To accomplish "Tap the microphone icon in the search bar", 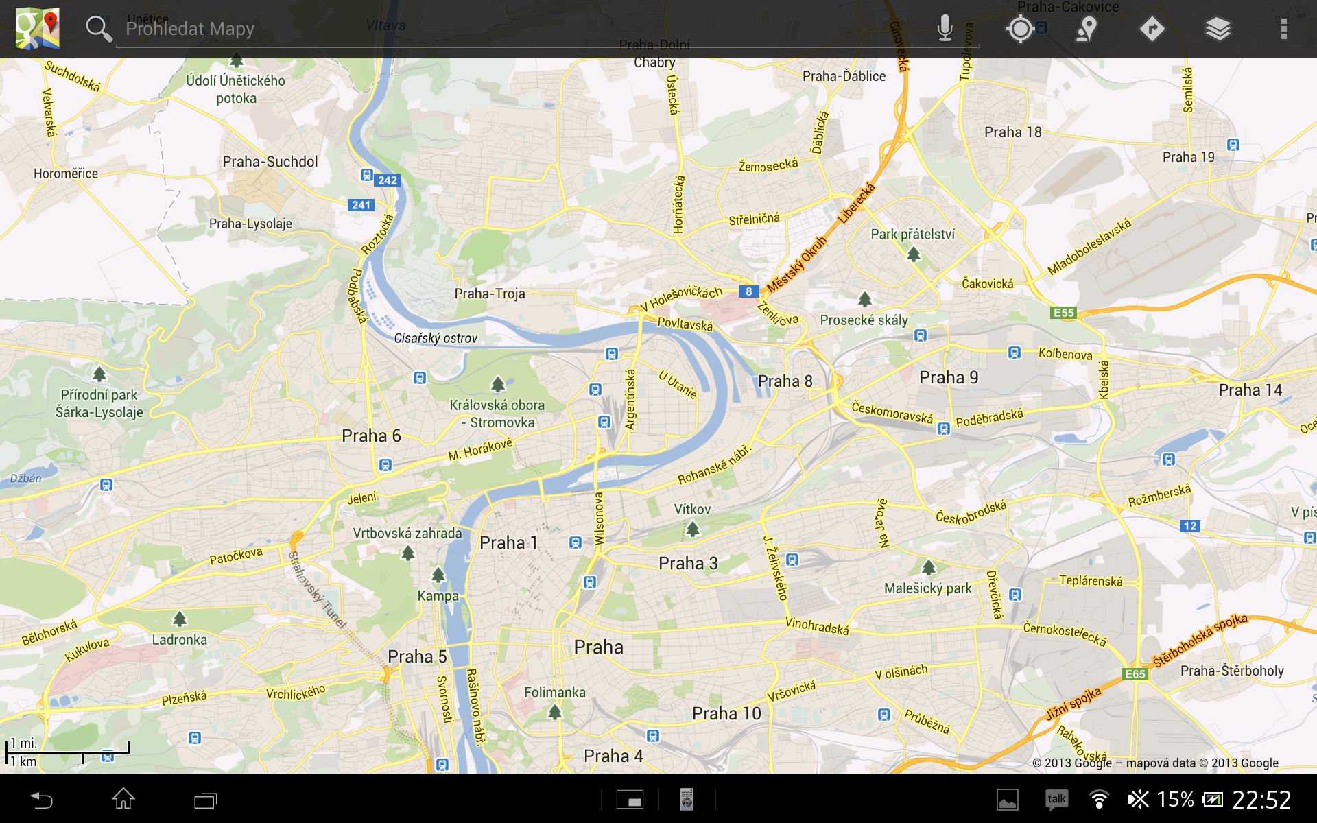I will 945,29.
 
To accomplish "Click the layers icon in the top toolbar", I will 1218,29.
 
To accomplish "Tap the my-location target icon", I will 1020,29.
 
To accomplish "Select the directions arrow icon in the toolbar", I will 1152,29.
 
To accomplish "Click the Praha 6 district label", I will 371,436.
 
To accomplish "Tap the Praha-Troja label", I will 490,294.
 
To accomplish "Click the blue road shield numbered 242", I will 387,180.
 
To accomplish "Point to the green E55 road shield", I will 1063,313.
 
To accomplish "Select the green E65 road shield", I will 1135,673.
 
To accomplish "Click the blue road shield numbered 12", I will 1189,526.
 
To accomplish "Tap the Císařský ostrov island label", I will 436,338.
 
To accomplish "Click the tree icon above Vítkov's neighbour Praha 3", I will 693,529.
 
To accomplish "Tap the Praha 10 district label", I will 726,713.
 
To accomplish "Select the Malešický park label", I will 927,588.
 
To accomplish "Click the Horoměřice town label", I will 66,174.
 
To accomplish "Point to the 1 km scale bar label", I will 25,761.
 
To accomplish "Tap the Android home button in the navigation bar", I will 123,799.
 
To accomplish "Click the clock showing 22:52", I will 1261,800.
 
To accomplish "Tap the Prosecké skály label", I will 864,320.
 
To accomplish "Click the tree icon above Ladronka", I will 180,619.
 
